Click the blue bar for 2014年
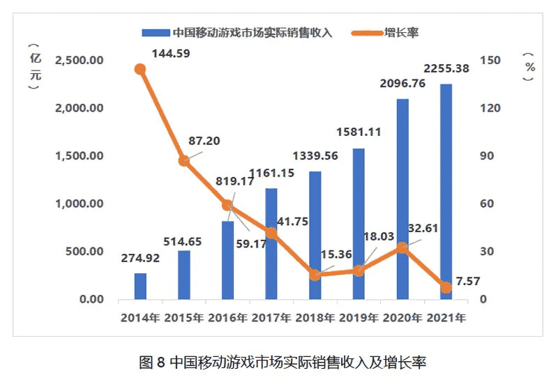coord(140,287)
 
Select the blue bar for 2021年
coord(446,192)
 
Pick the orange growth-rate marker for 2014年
coord(140,69)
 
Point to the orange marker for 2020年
coord(402,248)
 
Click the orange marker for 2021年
coord(446,287)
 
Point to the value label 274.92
coord(140,258)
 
